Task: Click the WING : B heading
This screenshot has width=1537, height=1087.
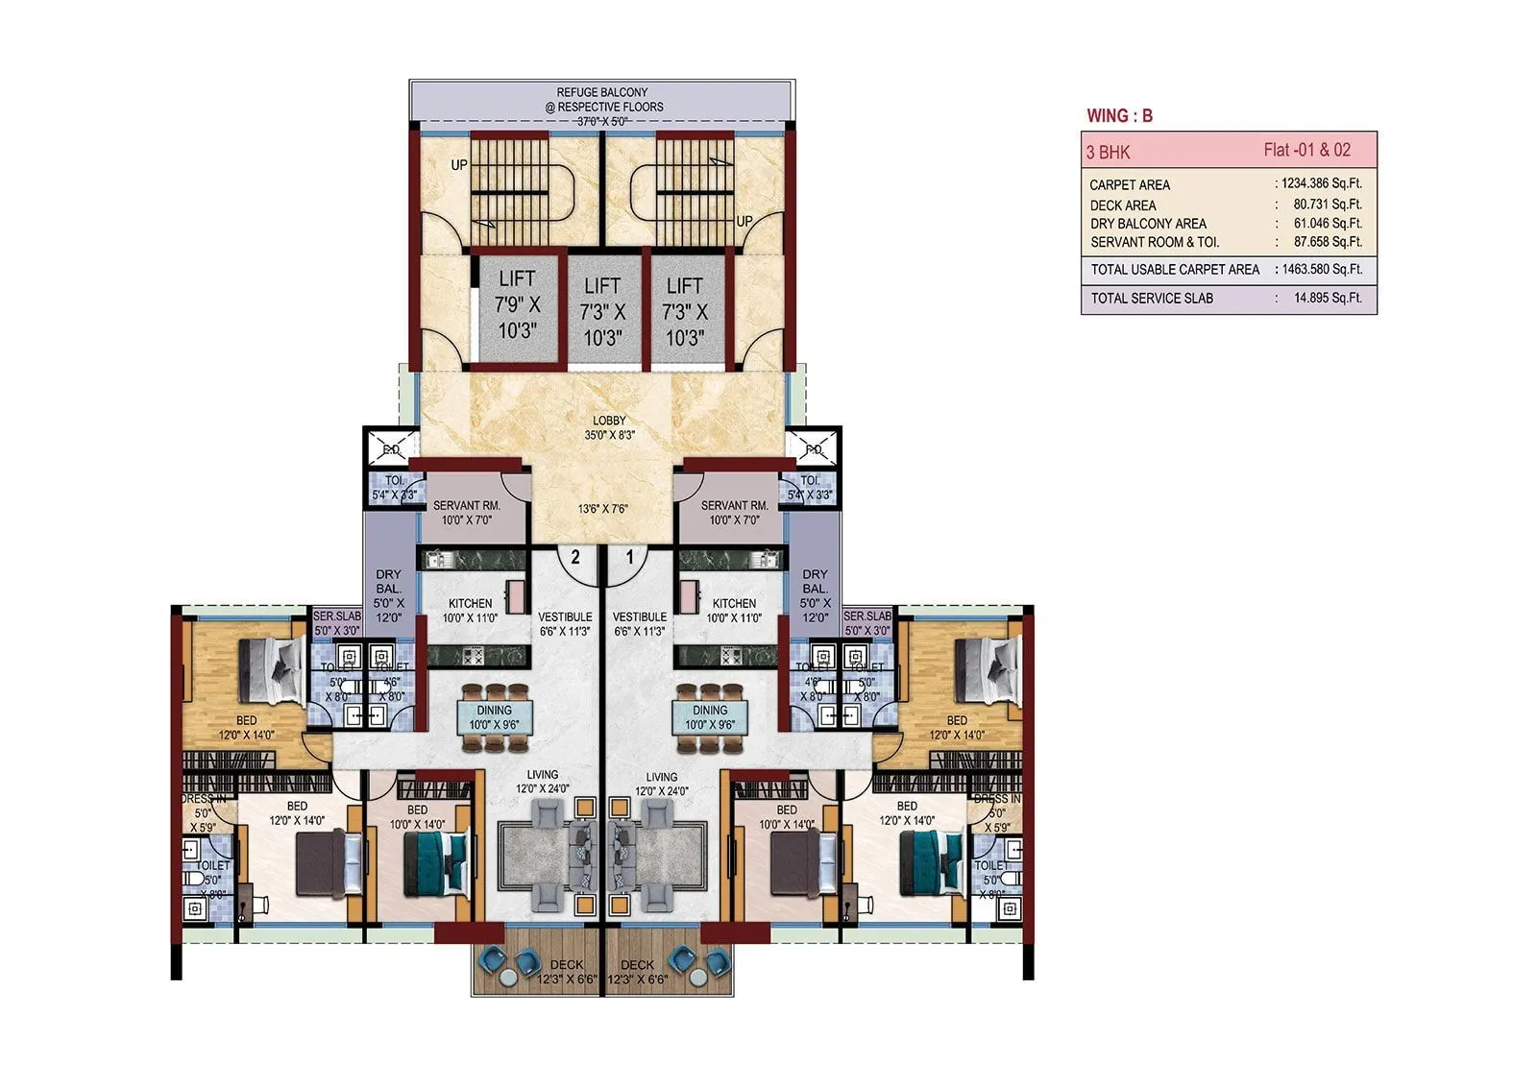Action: coord(1119,116)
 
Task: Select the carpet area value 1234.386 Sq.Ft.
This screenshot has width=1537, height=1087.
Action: coord(1321,183)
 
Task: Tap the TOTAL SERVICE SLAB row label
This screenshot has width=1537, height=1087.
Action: coord(1152,299)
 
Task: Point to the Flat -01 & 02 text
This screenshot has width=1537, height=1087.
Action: coord(1306,150)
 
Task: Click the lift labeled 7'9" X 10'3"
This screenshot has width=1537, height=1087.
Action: coord(517,304)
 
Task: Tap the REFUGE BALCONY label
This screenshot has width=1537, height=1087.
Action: coord(602,93)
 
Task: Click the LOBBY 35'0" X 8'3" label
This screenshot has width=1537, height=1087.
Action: coord(609,427)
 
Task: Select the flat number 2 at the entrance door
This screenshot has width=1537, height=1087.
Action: coord(575,558)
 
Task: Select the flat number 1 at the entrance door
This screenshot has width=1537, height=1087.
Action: coord(630,558)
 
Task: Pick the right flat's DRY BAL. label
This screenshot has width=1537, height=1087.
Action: coord(815,582)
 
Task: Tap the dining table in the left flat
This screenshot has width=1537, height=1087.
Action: coord(494,717)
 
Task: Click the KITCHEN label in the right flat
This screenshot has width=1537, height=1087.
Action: coord(734,604)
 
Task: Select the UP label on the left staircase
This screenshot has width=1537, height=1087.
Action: coord(459,165)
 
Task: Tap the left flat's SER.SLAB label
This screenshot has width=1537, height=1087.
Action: coord(336,616)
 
